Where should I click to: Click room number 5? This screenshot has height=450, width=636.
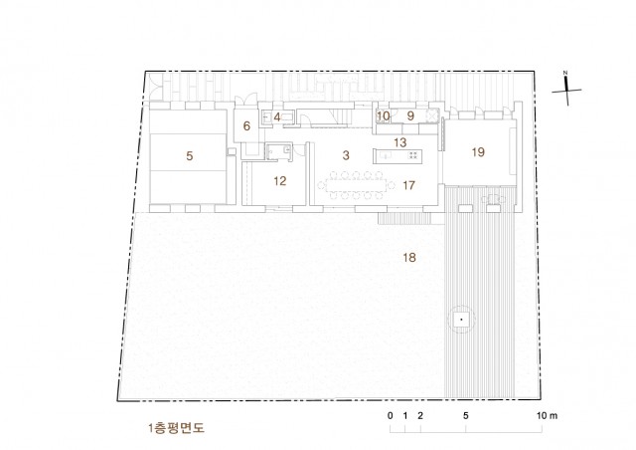click(190, 155)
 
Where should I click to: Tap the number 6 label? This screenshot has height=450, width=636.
click(246, 126)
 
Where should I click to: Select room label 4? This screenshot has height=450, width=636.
click(277, 117)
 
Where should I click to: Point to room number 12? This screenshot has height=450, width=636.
click(280, 181)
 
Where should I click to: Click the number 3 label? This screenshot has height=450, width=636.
click(346, 155)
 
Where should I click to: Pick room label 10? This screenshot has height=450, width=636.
click(383, 115)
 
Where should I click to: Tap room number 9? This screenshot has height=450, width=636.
click(410, 115)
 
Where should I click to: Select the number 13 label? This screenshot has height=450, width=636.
click(399, 142)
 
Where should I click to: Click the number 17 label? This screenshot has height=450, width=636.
click(408, 185)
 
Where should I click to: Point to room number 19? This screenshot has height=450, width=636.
click(478, 152)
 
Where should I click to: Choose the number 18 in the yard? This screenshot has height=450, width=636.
click(409, 257)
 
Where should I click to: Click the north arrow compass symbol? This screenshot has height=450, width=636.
click(566, 90)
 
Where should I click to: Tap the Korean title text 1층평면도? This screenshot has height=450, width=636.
click(177, 428)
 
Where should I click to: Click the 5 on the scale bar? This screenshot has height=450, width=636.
click(466, 415)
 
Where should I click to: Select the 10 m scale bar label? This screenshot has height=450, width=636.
click(547, 415)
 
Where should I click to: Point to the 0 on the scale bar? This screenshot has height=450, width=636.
click(391, 415)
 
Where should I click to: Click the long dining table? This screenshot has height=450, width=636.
click(356, 186)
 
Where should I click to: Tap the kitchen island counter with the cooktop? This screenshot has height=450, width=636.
click(397, 156)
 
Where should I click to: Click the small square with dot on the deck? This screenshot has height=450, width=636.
click(461, 320)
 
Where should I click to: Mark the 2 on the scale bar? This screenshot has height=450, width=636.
click(420, 415)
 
